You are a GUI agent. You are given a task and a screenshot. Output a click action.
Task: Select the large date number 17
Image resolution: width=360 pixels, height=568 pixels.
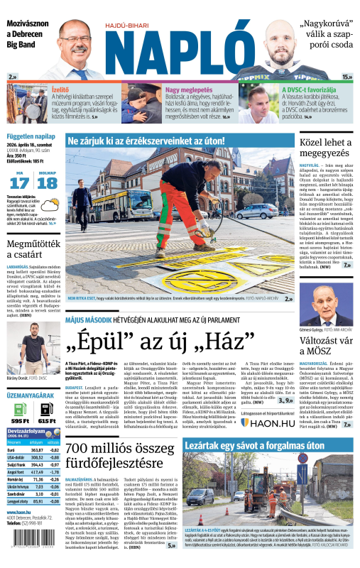(21, 182)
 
